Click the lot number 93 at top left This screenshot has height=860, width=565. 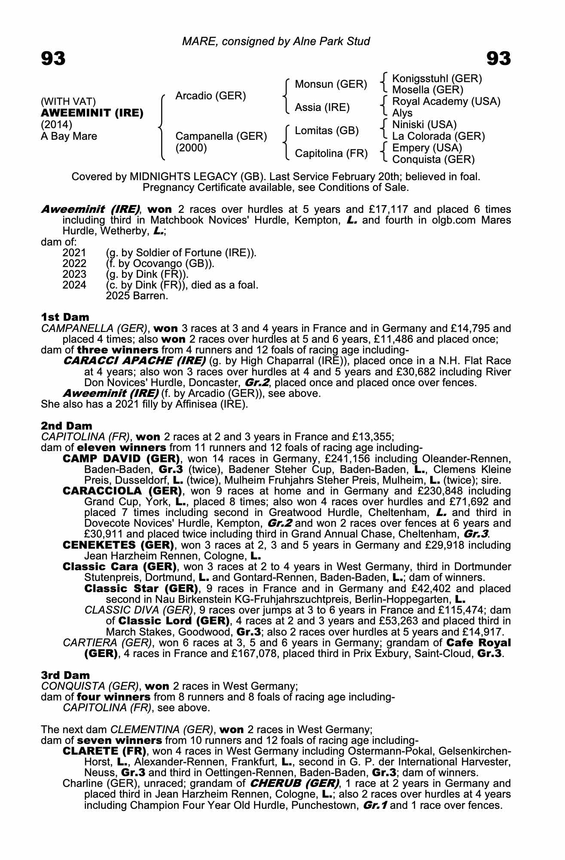53,58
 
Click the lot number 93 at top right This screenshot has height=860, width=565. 498,58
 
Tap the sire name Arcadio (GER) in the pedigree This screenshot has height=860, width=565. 211,96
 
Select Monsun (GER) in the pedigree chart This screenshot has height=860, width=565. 331,84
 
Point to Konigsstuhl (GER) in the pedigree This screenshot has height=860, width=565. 437,79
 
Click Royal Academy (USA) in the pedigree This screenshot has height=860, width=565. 446,102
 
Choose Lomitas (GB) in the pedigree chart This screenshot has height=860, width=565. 327,131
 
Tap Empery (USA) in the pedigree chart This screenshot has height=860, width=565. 427,148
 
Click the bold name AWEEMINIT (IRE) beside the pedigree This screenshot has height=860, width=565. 92,114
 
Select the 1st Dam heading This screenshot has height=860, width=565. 65,317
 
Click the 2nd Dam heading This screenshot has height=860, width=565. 66,426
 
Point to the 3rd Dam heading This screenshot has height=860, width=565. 65,676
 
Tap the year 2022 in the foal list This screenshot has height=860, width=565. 74,263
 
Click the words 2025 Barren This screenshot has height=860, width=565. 136,296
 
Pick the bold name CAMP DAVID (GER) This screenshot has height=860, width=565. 121,458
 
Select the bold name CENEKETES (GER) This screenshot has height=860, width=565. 118,545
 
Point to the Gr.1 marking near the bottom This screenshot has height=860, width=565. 375,805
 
